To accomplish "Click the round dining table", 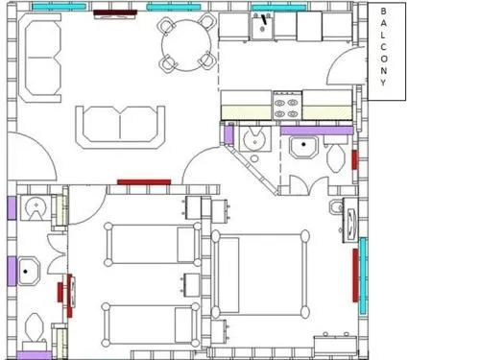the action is (186, 45).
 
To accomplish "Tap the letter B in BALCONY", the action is (383, 11).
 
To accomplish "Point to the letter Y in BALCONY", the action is (383, 83).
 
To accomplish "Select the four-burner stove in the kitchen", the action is (287, 106).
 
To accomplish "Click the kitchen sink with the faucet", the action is (262, 26).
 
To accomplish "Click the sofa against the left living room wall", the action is (40, 58).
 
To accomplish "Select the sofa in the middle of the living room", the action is (120, 128).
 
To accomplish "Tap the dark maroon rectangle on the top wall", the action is (115, 12).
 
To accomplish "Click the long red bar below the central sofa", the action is (144, 182).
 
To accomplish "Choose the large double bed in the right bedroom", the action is (260, 274).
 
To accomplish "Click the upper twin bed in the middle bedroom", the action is (153, 245).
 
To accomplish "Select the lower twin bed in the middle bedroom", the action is (151, 324).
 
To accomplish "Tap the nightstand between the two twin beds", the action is (191, 285).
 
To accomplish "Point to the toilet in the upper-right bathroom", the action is (336, 156).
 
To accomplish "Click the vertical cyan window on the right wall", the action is (363, 276).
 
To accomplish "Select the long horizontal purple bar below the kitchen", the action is (317, 131).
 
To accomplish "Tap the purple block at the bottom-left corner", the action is (34, 355).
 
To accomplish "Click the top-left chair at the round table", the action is (166, 25).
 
